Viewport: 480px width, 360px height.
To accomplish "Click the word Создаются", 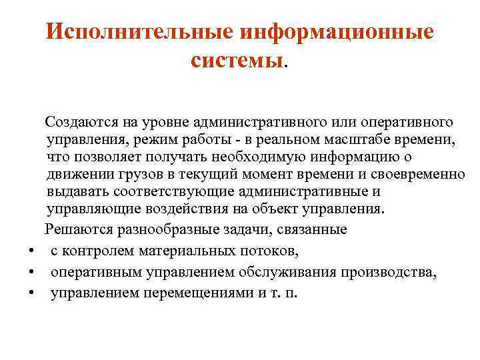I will click(83, 122).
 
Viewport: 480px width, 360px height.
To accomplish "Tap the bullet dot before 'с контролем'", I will click(31, 252).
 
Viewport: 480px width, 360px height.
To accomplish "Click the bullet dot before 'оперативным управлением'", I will click(31, 273).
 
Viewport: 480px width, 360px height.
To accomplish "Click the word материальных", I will click(190, 251).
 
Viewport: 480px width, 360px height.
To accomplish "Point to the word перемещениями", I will click(196, 294).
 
